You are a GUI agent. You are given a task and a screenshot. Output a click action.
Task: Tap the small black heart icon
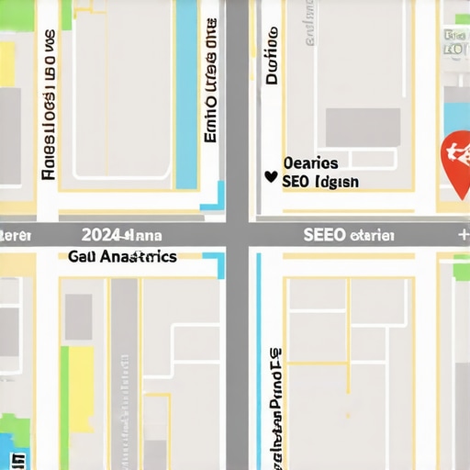270,176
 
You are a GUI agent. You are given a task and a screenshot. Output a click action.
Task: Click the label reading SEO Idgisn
320,182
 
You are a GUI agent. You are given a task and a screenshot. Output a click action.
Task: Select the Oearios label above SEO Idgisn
310,163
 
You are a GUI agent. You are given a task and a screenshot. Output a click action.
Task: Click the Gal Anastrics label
122,257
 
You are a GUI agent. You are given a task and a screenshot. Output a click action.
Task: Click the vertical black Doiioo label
272,55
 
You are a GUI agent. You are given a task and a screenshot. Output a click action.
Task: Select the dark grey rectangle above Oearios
364,127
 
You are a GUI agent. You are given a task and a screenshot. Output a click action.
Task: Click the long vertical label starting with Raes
50,106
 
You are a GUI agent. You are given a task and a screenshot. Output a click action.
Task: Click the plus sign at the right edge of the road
463,235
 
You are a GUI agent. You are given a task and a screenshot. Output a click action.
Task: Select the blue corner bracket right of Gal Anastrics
218,263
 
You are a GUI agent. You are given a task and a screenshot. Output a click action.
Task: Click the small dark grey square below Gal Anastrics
78,318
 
